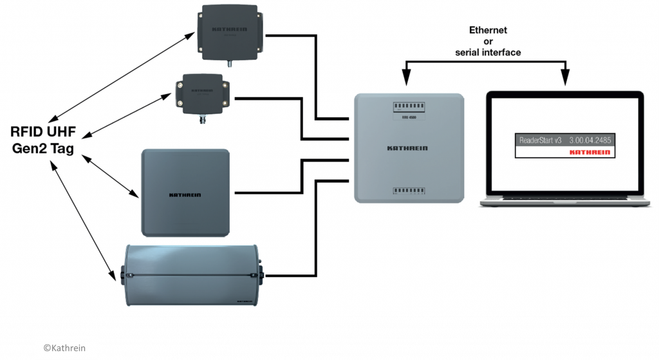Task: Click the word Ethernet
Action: [x=487, y=30]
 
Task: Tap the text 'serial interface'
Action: [x=487, y=52]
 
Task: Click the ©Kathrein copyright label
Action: [x=66, y=348]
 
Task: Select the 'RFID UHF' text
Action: [x=43, y=133]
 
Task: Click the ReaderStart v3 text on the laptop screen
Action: [x=541, y=140]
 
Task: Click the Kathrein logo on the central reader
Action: [x=407, y=149]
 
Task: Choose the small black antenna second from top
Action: [x=204, y=96]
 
